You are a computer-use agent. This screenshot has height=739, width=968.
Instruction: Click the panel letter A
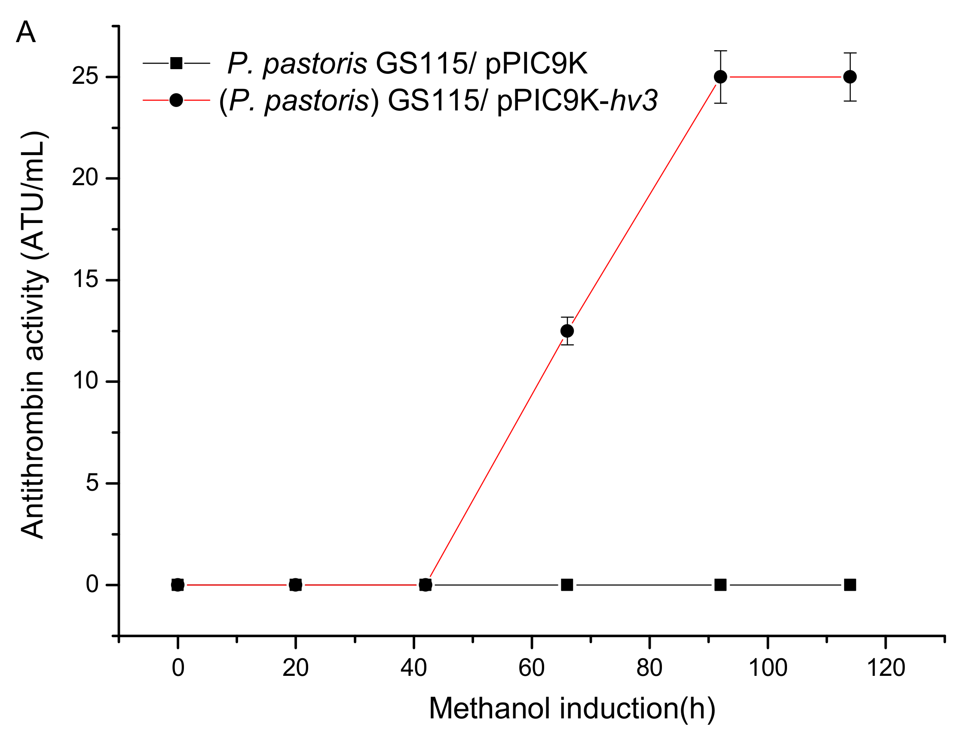(25, 33)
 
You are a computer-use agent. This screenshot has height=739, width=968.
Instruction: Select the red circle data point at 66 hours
(567, 331)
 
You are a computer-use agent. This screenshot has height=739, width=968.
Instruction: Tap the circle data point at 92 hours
(720, 77)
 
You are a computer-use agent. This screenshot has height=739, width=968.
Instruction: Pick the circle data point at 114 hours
(850, 77)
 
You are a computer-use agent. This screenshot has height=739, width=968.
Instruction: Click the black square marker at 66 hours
(567, 585)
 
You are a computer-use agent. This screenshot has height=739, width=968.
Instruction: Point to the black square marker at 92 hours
(720, 585)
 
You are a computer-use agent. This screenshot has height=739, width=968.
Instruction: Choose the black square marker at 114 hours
(850, 585)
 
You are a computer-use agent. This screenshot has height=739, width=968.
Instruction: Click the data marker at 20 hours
(296, 585)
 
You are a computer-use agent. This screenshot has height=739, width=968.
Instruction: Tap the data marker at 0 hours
(178, 585)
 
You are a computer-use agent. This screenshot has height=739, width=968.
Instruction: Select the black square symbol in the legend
(176, 63)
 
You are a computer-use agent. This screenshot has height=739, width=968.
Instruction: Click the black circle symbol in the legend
(176, 100)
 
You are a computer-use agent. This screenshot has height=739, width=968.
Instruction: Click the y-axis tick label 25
(85, 76)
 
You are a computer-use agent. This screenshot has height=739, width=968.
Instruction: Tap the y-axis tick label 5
(92, 483)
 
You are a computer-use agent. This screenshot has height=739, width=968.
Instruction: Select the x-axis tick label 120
(885, 668)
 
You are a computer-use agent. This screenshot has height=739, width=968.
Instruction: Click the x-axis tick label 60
(532, 668)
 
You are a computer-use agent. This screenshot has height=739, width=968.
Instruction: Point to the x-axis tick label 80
(649, 668)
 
